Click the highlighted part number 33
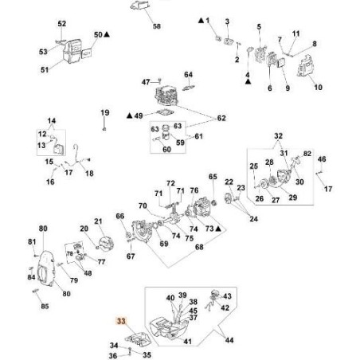(x=121, y=321)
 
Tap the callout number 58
(x=157, y=26)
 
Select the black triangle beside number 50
(x=107, y=34)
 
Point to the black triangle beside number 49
(x=130, y=115)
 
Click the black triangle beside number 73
(x=218, y=229)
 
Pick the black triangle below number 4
(x=248, y=82)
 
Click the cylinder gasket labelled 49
(x=165, y=113)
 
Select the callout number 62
(x=221, y=118)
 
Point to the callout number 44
(x=229, y=340)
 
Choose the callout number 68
(x=199, y=247)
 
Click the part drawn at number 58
(x=139, y=6)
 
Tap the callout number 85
(x=45, y=306)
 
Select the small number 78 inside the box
(x=69, y=253)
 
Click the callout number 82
(x=307, y=154)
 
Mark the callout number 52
(x=62, y=23)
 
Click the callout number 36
(x=113, y=355)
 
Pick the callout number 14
(x=52, y=121)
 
